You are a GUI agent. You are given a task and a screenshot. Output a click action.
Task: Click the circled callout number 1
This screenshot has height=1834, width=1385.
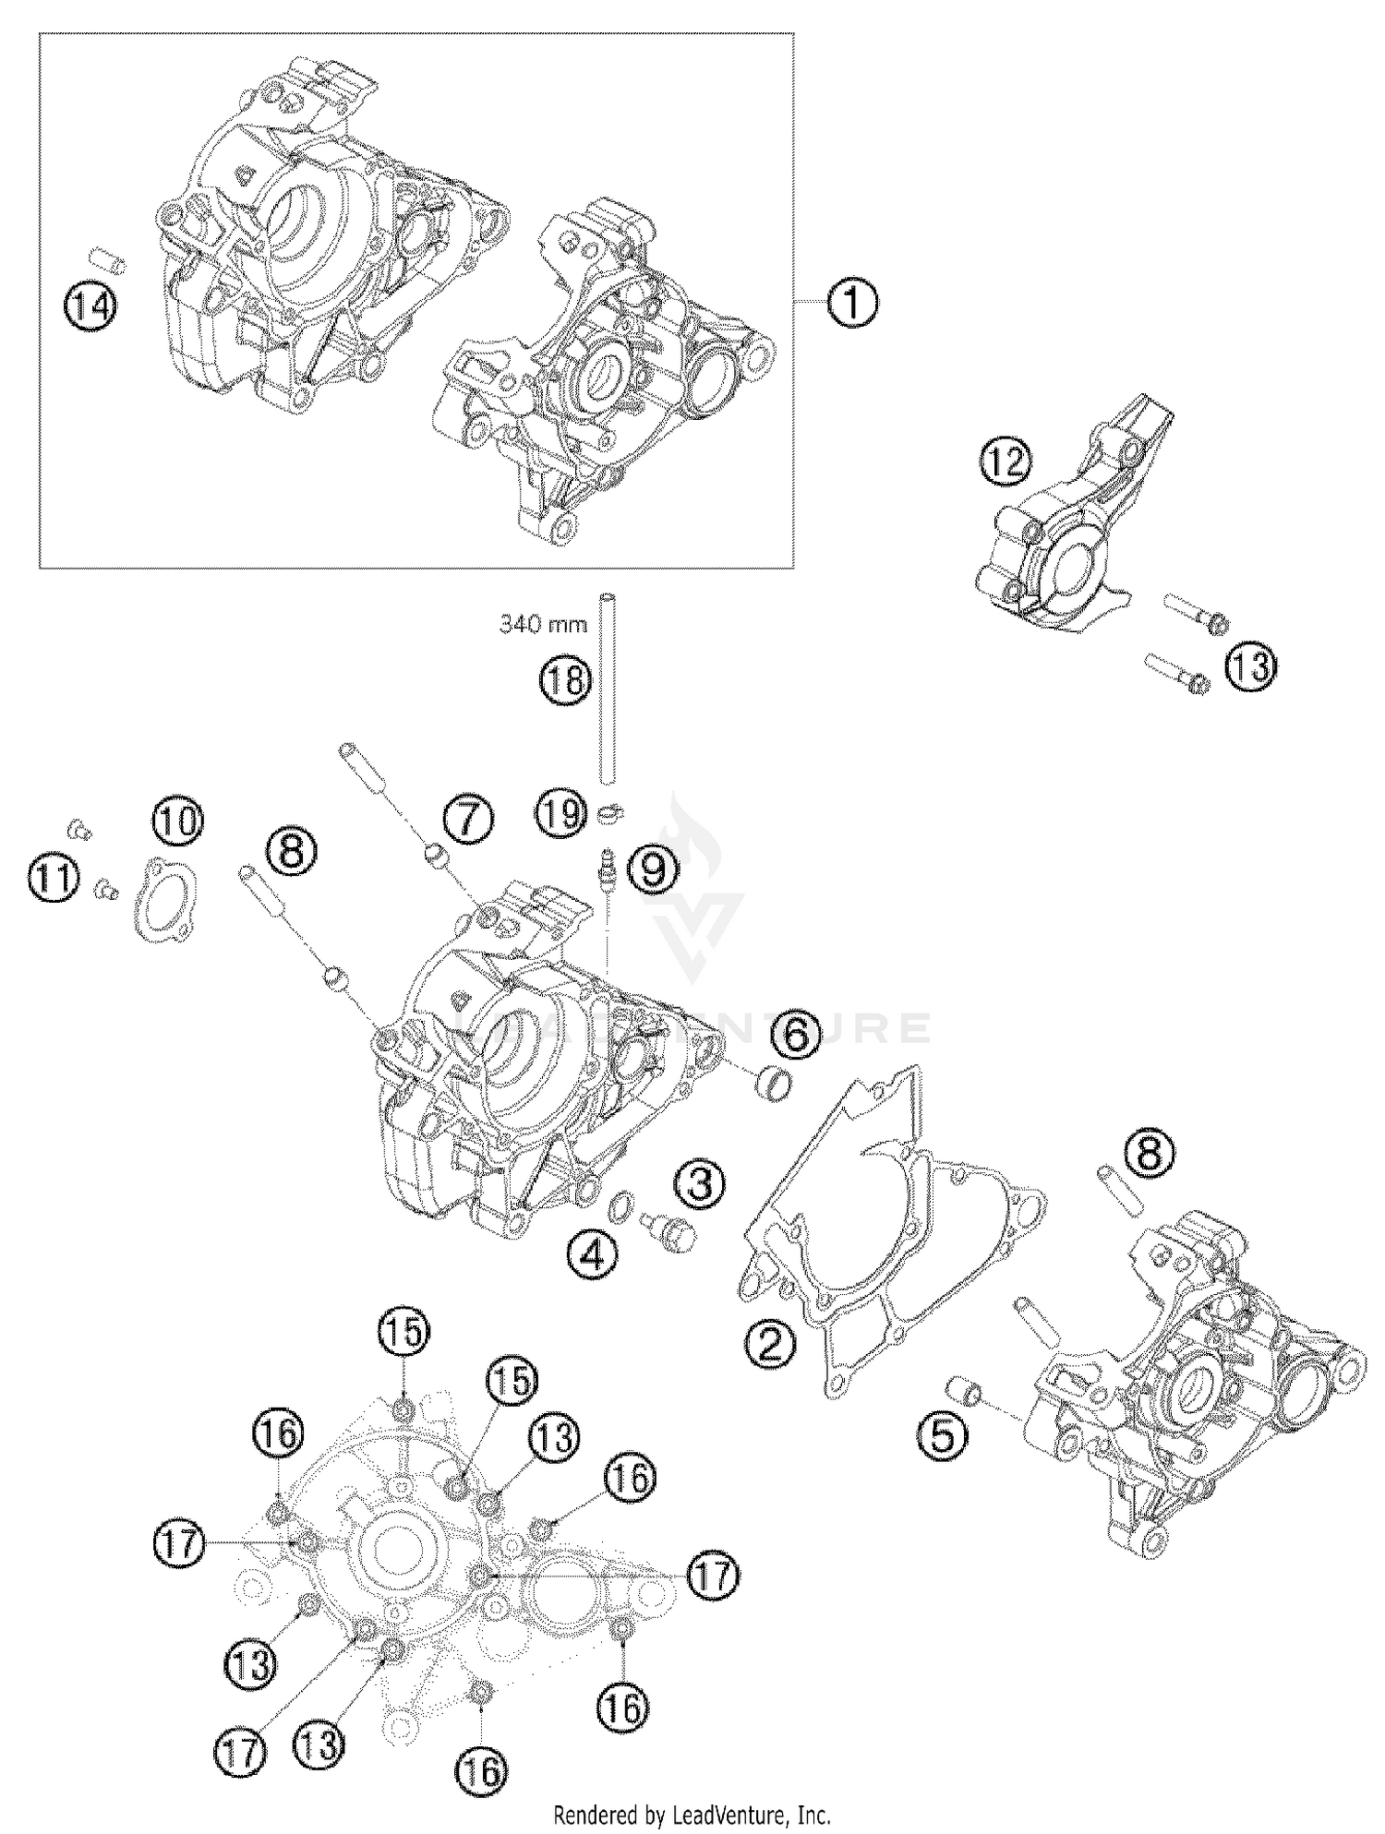click(x=852, y=304)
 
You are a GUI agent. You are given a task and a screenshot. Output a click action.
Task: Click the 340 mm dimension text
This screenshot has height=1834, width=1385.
click(x=543, y=625)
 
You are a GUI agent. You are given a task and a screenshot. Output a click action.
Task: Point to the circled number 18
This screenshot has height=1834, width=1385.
click(x=565, y=681)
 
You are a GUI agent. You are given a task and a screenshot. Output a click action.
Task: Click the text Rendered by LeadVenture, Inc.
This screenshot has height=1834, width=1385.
click(x=692, y=1815)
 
